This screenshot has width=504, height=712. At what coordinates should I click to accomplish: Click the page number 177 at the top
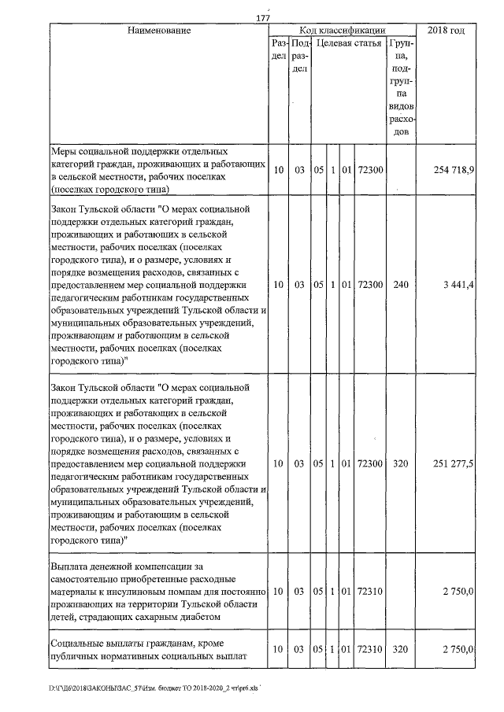(x=263, y=19)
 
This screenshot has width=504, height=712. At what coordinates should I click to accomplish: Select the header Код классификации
(x=343, y=30)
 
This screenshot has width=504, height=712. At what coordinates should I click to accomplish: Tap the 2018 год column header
(x=445, y=30)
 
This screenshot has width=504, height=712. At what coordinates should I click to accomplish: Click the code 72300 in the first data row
(x=370, y=170)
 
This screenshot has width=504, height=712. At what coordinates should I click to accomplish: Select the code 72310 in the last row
(x=370, y=650)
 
